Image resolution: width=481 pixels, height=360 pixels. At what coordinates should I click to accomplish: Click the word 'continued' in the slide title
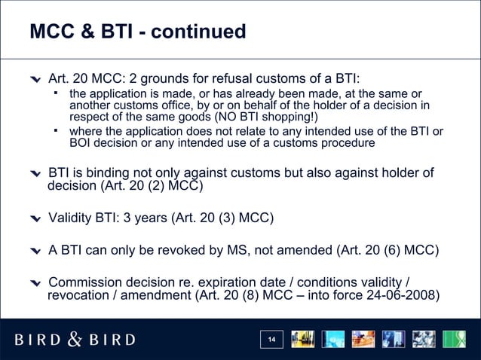(200, 32)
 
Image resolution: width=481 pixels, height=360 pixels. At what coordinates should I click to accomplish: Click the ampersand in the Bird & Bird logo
(75, 339)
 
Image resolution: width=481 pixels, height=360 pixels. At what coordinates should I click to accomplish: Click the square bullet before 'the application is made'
(56, 93)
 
